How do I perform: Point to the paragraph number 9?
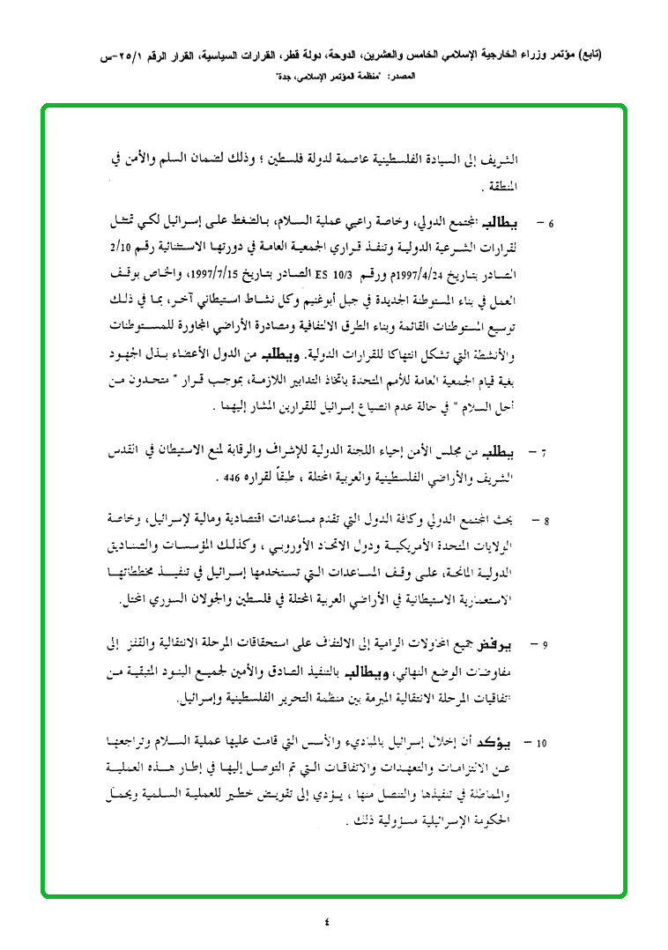click(x=546, y=646)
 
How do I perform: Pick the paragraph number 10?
click(x=542, y=743)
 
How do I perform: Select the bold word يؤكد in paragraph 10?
click(x=518, y=742)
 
